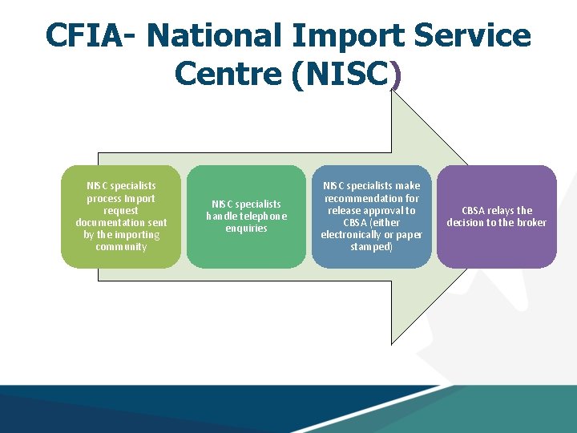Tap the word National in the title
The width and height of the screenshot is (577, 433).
pos(214,35)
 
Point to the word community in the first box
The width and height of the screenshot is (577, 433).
pos(121,247)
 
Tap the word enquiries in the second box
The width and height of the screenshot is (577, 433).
pos(246,229)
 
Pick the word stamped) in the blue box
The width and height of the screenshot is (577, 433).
pos(371,247)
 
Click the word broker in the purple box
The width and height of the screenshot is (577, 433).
pos(531,223)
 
